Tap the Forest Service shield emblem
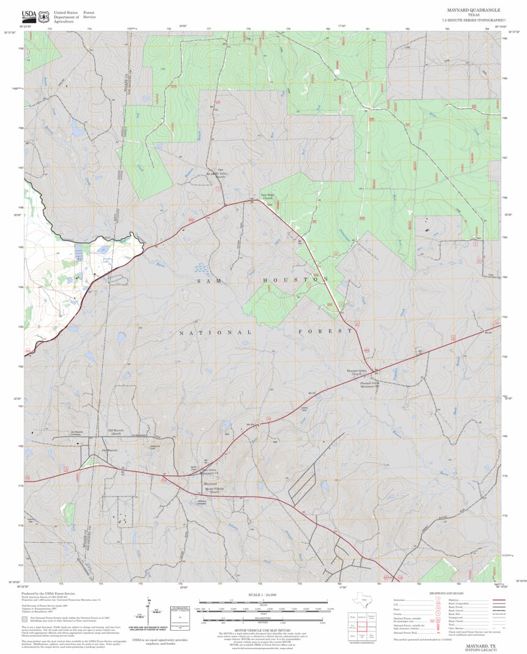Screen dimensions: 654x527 coord(43,17)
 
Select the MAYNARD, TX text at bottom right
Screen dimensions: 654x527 coord(481,645)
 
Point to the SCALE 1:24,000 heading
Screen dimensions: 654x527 coord(263,595)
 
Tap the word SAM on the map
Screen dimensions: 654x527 coord(206,281)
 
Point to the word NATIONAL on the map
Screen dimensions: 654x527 coord(215,333)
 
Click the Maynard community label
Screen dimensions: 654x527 coord(210,484)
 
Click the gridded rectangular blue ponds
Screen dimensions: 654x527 coord(80,251)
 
